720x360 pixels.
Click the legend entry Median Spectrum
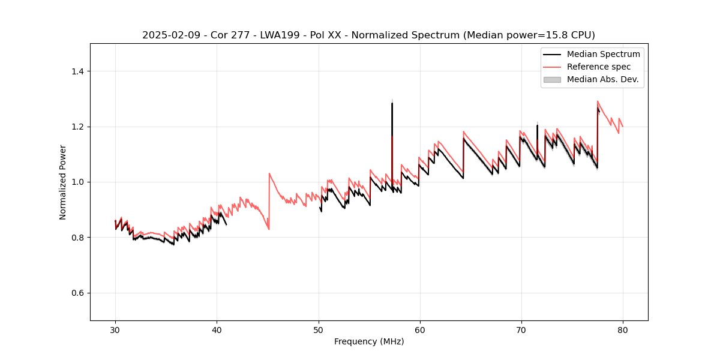[x=603, y=54]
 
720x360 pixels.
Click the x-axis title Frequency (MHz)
[x=369, y=341]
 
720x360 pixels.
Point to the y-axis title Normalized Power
[x=63, y=182]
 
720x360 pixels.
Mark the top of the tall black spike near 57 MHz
[x=392, y=103]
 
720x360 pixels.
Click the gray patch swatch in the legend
[x=552, y=79]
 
